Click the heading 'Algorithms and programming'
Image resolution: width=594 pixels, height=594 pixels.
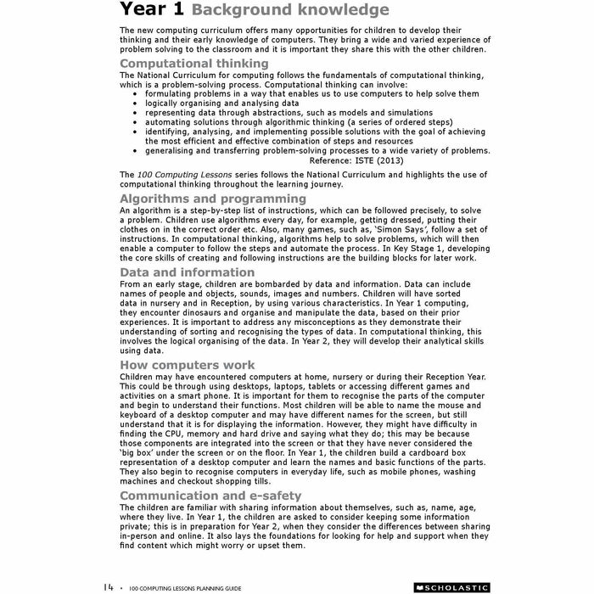[x=213, y=199]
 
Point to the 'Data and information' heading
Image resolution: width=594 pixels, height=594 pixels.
[x=187, y=272]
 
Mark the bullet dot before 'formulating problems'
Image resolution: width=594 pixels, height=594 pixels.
[x=136, y=94]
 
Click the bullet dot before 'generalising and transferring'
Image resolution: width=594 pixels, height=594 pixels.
[x=136, y=150]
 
